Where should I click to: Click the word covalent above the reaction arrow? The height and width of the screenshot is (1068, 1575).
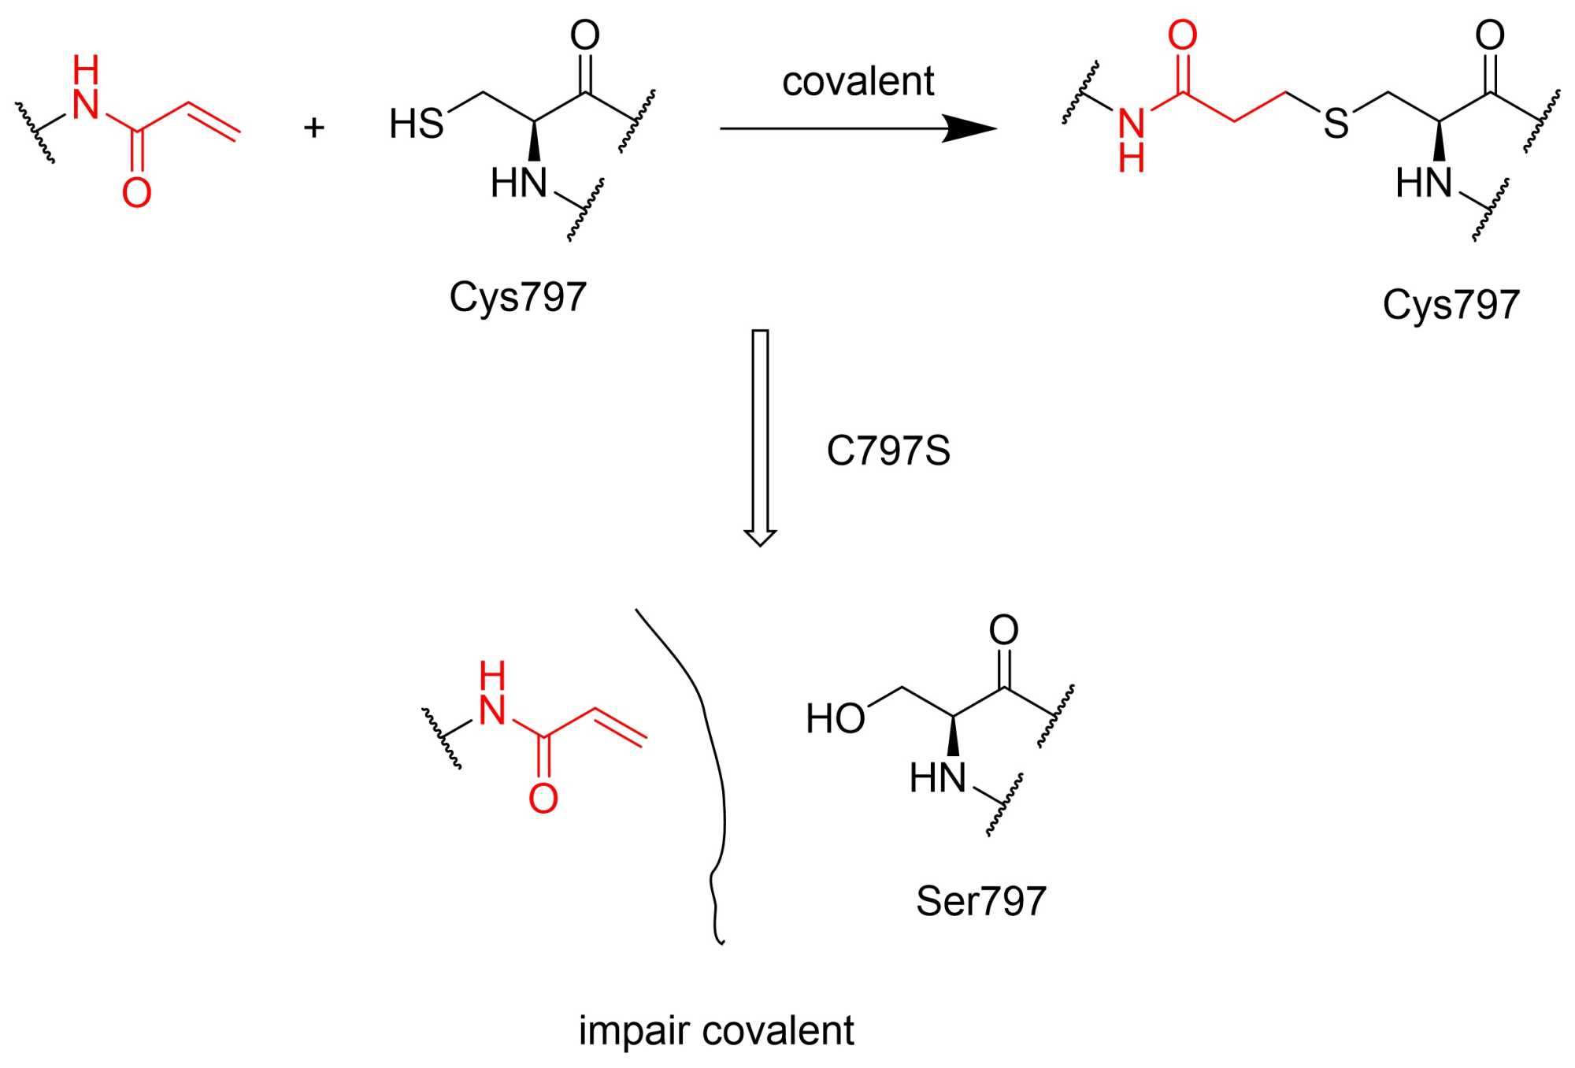coord(858,82)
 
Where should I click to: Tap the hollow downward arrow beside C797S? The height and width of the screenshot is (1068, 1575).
coord(760,437)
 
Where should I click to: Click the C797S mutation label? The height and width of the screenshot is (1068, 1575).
coord(888,451)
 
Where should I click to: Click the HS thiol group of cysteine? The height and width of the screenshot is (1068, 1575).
coord(417,124)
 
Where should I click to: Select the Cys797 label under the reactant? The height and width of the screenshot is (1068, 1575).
coord(517,297)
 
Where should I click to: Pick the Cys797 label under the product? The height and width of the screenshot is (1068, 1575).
coord(1451,305)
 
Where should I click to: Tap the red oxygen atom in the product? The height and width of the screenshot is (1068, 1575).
coord(1182,35)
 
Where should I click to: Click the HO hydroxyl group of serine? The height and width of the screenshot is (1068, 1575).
coord(835,719)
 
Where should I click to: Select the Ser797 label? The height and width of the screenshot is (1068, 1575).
coord(980,901)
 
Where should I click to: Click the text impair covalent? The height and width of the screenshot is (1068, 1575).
coord(716,1031)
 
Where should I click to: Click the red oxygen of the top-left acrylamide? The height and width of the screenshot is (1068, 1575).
coord(136,193)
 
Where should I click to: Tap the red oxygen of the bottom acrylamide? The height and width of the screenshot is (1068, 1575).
coord(543,799)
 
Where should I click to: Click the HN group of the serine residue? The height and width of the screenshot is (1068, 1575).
coord(937,778)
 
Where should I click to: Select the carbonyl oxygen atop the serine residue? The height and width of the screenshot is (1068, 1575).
coord(1003,630)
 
